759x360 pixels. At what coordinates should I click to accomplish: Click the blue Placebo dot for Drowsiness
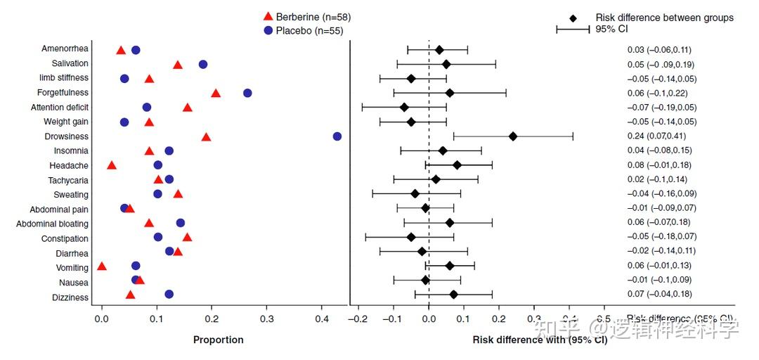(x=337, y=136)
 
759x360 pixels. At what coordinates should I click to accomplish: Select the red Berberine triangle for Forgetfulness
(x=216, y=93)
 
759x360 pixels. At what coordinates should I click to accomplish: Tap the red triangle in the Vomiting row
(x=102, y=266)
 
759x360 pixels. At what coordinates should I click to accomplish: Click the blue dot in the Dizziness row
(x=169, y=294)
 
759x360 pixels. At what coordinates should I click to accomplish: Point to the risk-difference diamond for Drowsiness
(x=513, y=136)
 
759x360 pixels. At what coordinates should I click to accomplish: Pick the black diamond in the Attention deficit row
(x=404, y=108)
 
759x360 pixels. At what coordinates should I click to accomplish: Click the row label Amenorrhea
(x=65, y=49)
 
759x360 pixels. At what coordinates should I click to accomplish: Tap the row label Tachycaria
(x=69, y=180)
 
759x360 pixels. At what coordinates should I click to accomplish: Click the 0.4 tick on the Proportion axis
(x=322, y=320)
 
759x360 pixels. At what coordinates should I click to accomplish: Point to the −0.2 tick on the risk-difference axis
(x=358, y=320)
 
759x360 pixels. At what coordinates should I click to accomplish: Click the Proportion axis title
(x=219, y=340)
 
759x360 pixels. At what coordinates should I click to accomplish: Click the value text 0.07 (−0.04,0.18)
(x=659, y=294)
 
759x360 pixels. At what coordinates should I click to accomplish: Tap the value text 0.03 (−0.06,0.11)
(x=659, y=50)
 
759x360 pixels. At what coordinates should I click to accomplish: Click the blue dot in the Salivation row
(x=203, y=64)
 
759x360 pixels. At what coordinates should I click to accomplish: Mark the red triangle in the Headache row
(x=112, y=165)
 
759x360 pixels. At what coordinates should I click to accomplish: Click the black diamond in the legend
(x=573, y=18)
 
